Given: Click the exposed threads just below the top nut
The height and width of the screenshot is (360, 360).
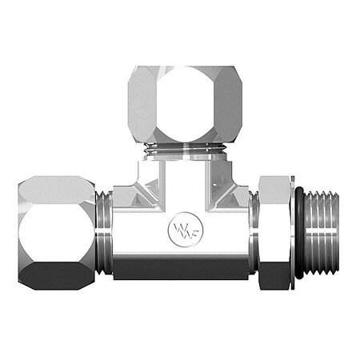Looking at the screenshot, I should point(180,150).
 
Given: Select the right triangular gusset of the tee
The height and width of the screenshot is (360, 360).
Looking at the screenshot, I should point(228,192).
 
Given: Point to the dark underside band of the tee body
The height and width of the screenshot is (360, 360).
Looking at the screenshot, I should point(180,269).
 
